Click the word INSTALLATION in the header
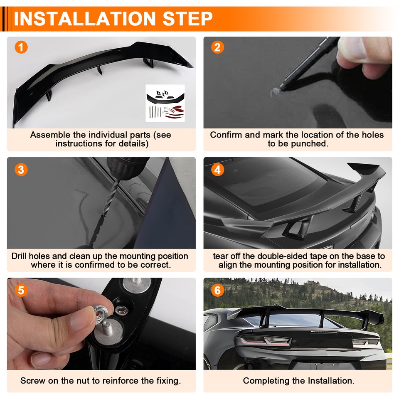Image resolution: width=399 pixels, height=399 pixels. tap(84, 19)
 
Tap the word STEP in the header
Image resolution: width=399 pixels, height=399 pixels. tap(187, 19)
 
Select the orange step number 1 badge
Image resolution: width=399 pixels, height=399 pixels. tap(21, 47)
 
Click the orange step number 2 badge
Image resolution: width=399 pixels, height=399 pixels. tap(217, 47)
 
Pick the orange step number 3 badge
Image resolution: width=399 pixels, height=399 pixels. tap(21, 170)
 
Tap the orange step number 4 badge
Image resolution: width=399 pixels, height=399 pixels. tap(217, 170)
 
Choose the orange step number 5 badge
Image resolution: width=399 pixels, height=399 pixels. tap(21, 290)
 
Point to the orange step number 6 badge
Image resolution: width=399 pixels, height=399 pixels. tap(217, 290)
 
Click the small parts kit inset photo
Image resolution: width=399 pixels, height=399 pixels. tap(165, 103)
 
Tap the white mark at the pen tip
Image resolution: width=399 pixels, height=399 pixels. tap(275, 92)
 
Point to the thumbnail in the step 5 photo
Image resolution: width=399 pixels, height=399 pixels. tap(80, 321)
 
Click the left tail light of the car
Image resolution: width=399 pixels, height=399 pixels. tap(265, 340)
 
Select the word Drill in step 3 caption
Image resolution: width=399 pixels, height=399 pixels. tap(19, 256)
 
